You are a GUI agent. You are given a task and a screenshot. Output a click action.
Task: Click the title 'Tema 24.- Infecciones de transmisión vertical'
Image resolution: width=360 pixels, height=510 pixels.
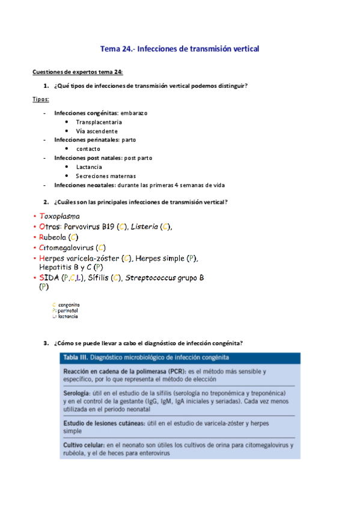pyautogui.click(x=180, y=49)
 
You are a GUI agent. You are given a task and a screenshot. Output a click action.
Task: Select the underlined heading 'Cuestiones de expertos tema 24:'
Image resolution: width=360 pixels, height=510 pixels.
pyautogui.click(x=78, y=72)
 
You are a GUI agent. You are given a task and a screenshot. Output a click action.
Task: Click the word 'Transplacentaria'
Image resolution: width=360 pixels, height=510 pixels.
pyautogui.click(x=99, y=122)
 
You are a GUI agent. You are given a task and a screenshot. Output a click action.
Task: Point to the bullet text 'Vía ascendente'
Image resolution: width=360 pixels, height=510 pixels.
pyautogui.click(x=97, y=131)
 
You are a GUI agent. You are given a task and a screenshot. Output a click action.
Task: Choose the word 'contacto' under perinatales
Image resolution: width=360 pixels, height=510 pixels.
pyautogui.click(x=88, y=149)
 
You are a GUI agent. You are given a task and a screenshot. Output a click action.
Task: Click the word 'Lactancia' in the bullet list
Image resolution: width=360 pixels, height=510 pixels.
pyautogui.click(x=89, y=167)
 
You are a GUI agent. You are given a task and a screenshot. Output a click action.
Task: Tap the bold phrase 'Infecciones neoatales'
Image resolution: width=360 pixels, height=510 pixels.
pyautogui.click(x=81, y=185)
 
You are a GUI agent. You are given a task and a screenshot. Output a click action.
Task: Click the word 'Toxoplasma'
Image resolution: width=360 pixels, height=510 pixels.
pyautogui.click(x=59, y=216)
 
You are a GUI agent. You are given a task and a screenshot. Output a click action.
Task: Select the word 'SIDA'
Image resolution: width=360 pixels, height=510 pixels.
pyautogui.click(x=49, y=278)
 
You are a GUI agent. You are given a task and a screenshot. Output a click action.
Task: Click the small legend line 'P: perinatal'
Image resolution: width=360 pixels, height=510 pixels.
pyautogui.click(x=66, y=310)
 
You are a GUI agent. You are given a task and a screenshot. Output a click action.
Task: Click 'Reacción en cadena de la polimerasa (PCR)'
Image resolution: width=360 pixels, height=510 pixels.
pyautogui.click(x=122, y=372)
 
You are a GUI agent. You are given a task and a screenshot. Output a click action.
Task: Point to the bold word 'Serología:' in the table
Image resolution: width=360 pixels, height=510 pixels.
pyautogui.click(x=78, y=392)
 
